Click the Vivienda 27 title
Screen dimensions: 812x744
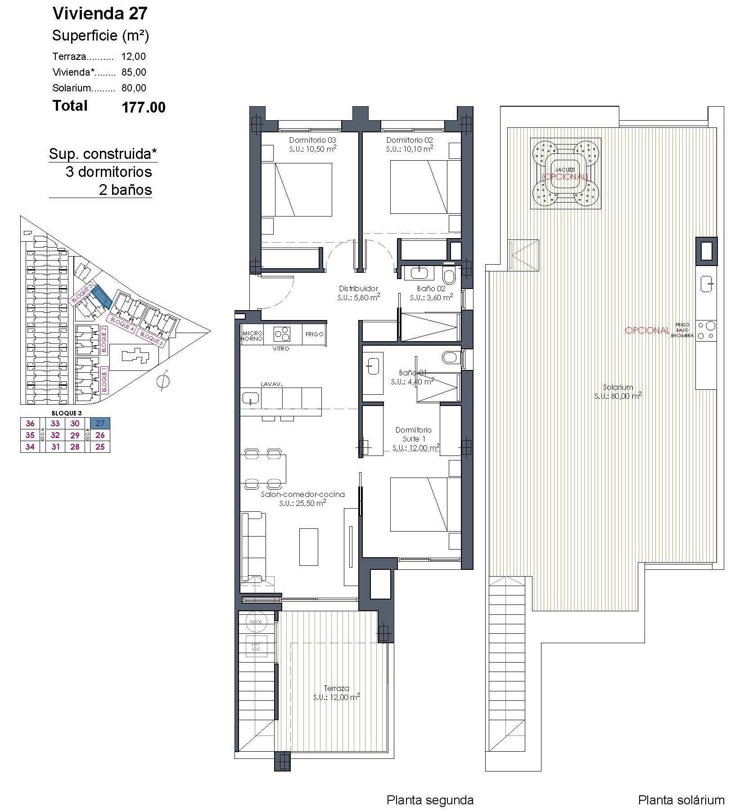click(100, 14)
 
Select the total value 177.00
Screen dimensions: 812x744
click(143, 107)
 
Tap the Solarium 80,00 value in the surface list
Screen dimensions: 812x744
click(134, 88)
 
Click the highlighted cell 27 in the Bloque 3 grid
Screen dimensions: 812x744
click(100, 423)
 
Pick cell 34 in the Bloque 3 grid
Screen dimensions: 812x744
click(30, 447)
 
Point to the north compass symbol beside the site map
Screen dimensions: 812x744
click(163, 381)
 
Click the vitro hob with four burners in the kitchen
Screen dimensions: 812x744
click(282, 334)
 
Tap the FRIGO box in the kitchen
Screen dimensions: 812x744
click(314, 334)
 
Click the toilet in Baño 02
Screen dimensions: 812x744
click(449, 275)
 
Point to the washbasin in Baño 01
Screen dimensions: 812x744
click(373, 365)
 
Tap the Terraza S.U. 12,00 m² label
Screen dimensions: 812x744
click(336, 693)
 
